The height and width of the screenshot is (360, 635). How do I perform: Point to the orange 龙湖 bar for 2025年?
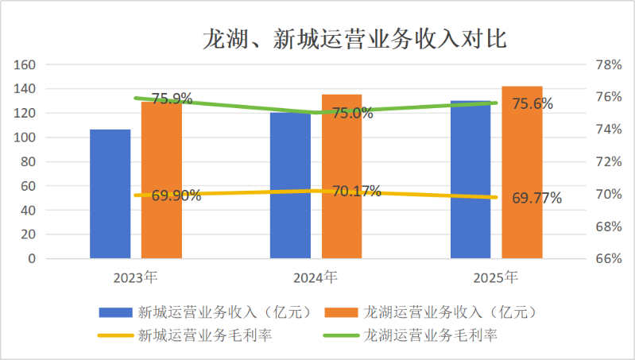[522, 172]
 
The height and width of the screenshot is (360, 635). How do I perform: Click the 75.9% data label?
[172, 99]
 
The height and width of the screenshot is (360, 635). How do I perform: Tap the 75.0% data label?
[352, 113]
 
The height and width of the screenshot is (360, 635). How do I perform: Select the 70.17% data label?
[356, 191]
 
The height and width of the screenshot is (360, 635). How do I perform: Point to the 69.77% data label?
[536, 198]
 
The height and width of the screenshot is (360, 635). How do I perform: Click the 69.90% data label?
[176, 195]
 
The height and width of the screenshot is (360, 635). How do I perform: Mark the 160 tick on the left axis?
[26, 64]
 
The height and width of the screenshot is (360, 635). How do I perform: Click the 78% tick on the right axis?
[608, 64]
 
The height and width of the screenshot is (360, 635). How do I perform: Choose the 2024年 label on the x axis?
[316, 277]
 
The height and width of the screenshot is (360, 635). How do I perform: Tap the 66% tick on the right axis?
[608, 258]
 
